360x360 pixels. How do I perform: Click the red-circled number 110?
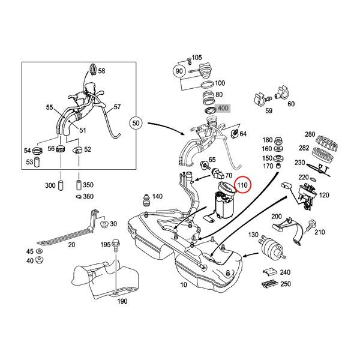point(242,185)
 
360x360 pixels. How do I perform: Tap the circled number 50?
point(136,124)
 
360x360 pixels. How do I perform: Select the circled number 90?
point(178,70)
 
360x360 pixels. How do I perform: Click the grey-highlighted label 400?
point(223,109)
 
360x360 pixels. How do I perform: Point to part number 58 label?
point(101,71)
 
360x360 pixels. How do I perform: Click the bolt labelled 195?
point(115,247)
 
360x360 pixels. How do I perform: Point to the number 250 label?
point(286,284)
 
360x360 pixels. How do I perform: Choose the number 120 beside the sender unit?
point(325,196)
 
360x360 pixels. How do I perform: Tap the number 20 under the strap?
point(71,244)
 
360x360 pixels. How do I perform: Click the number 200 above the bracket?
point(277,217)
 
